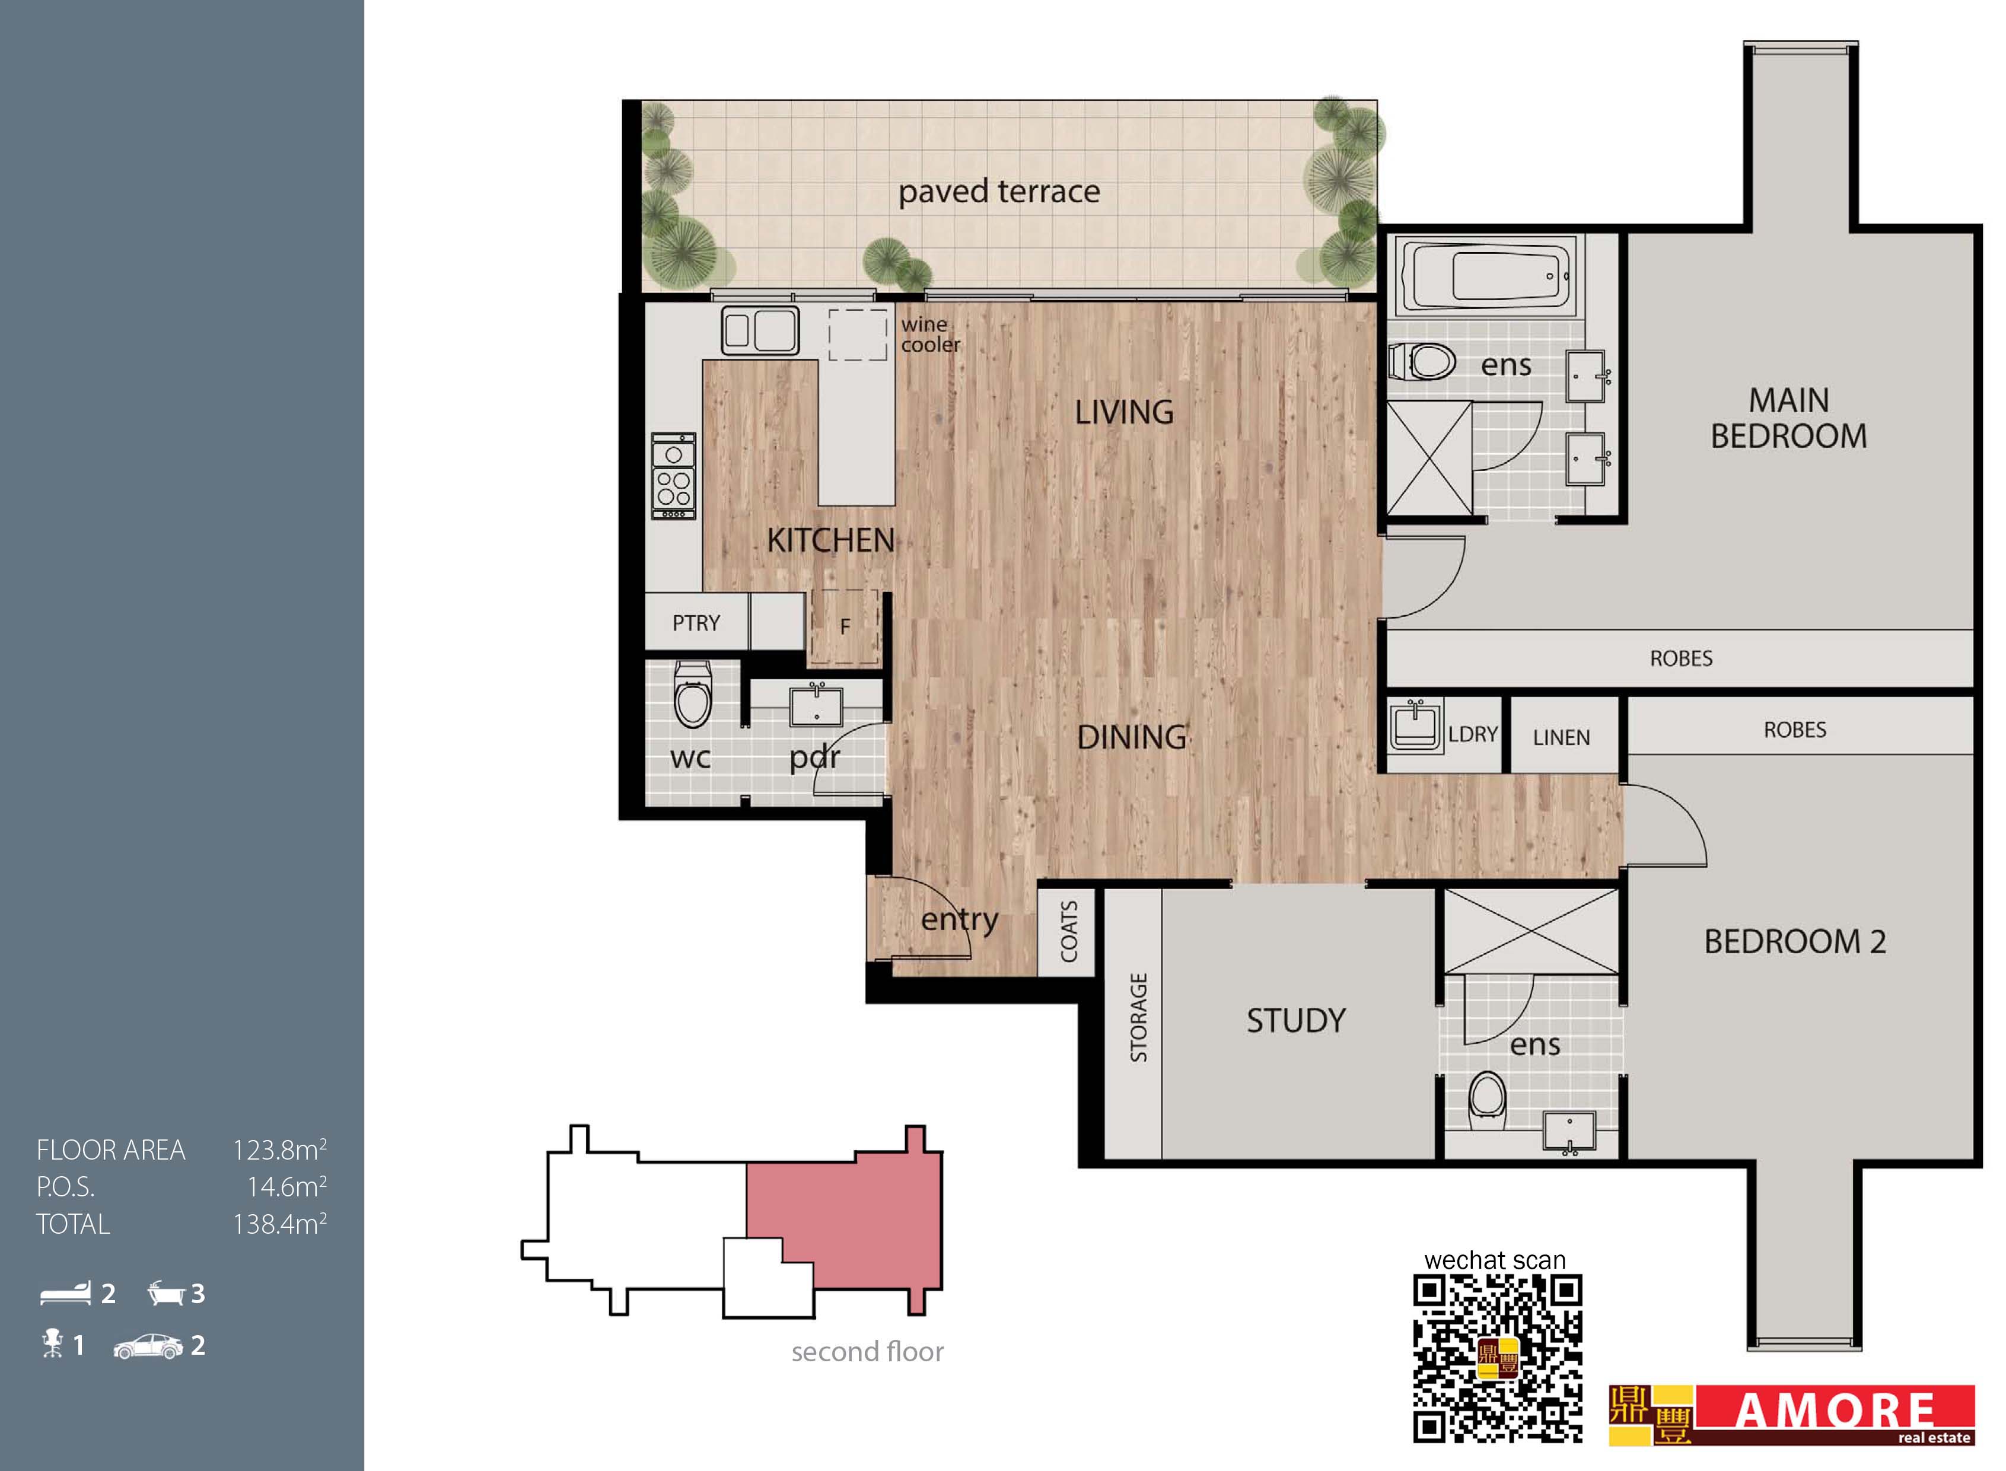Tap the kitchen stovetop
point(673,476)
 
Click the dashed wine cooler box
point(858,335)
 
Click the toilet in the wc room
point(693,695)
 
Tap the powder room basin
point(816,706)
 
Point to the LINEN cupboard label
point(1561,737)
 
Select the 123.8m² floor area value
point(279,1150)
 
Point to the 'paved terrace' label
point(999,192)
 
